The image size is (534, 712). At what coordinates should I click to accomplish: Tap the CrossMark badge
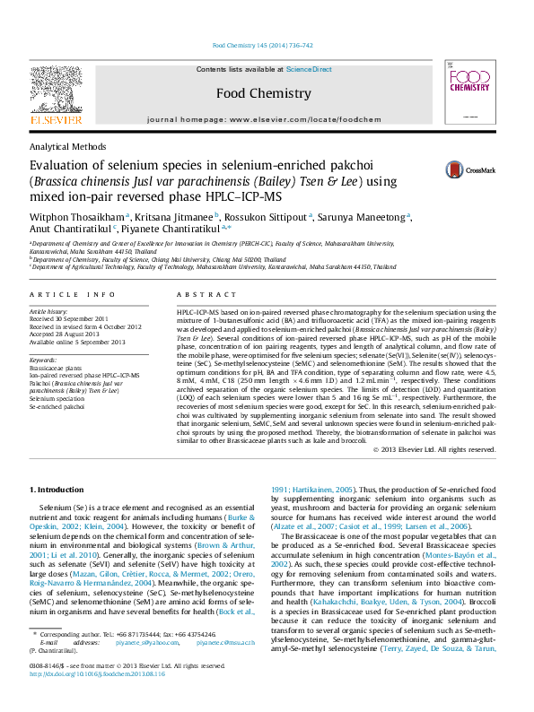coord(440,169)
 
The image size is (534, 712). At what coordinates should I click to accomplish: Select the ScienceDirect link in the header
coord(309,69)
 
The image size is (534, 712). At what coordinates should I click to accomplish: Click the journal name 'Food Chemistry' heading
coord(263,92)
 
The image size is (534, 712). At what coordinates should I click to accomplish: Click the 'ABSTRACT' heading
coord(200,294)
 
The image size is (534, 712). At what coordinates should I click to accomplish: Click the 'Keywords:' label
coord(44,360)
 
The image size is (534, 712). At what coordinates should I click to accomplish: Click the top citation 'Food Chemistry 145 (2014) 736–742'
coord(262,45)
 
